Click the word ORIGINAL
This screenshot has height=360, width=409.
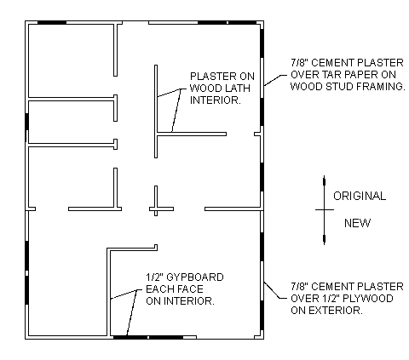point(360,196)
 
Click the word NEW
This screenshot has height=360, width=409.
point(357,223)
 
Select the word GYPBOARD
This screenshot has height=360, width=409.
point(194,277)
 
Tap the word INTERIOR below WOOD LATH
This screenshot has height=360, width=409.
point(216,100)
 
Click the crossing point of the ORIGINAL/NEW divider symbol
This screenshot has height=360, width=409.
point(324,209)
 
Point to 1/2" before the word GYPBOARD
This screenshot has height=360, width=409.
point(154,277)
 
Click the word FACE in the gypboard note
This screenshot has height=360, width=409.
point(191,289)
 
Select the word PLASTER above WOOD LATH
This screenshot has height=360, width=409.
point(211,77)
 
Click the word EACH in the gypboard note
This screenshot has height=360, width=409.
point(160,289)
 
